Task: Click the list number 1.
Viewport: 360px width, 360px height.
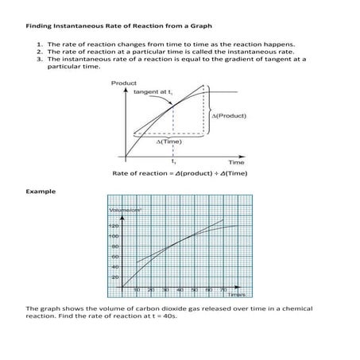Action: (x=40, y=44)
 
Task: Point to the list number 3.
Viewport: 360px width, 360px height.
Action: (x=40, y=59)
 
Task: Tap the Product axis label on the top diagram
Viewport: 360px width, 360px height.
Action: (x=123, y=83)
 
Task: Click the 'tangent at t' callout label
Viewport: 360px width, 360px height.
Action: (x=154, y=92)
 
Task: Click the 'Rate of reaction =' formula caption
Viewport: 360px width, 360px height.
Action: (x=144, y=172)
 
